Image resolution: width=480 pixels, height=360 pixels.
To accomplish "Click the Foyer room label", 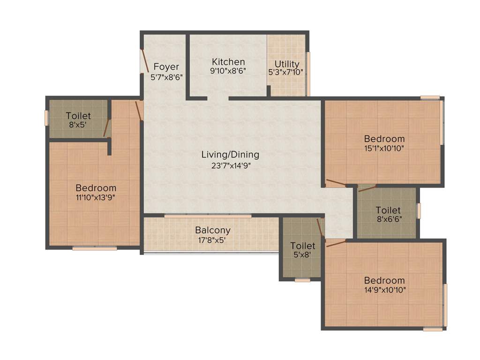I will click(166, 67).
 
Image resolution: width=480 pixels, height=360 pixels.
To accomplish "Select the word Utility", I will click(287, 64).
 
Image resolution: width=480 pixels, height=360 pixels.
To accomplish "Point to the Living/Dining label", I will click(230, 154).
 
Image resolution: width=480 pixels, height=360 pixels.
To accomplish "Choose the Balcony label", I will click(213, 230).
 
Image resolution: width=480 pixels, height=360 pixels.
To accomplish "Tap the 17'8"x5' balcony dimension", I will click(213, 240).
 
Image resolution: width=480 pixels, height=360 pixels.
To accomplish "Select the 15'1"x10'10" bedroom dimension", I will click(384, 148).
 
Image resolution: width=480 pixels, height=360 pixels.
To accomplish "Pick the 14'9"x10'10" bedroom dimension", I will click(384, 290).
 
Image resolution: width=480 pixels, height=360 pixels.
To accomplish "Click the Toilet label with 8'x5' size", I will click(78, 115).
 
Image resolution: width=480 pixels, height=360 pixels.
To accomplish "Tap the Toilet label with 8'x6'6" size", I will click(388, 210).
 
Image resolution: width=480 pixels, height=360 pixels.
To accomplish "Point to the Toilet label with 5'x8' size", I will click(302, 246).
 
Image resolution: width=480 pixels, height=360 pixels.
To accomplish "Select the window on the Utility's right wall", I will click(308, 74).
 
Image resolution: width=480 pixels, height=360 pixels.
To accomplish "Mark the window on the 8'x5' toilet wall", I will click(46, 118).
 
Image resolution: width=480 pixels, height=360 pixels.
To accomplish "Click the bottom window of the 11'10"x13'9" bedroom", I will click(95, 248).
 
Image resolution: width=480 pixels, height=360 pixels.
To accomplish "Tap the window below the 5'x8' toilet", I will click(302, 280).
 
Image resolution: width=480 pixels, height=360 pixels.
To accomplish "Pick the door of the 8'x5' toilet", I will click(107, 127).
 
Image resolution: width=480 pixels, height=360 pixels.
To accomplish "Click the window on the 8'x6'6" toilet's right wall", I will click(419, 210).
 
